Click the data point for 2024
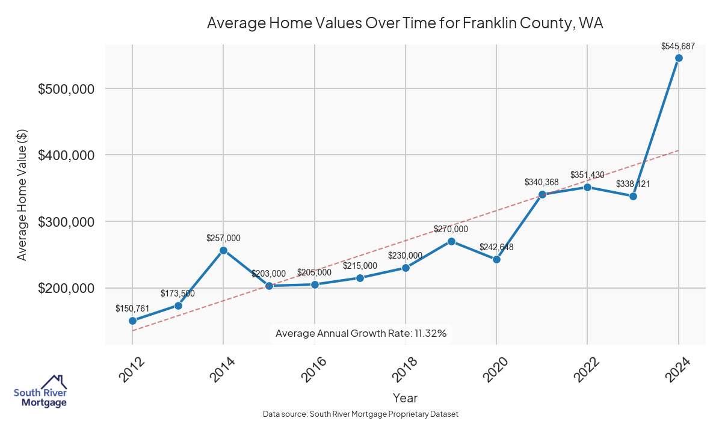[679, 58]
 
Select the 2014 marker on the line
[223, 250]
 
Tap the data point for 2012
[132, 321]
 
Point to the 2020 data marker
[496, 259]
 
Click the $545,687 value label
[678, 46]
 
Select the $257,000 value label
[223, 238]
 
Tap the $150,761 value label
[132, 309]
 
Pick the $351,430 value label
[587, 175]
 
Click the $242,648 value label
[496, 247]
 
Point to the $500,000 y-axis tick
[67, 89]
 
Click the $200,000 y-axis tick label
[67, 288]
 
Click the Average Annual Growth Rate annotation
[361, 333]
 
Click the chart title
[405, 23]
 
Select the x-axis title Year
[405, 398]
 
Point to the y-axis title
[22, 195]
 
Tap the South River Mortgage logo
[40, 391]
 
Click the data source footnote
[361, 414]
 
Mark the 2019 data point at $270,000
[451, 241]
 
